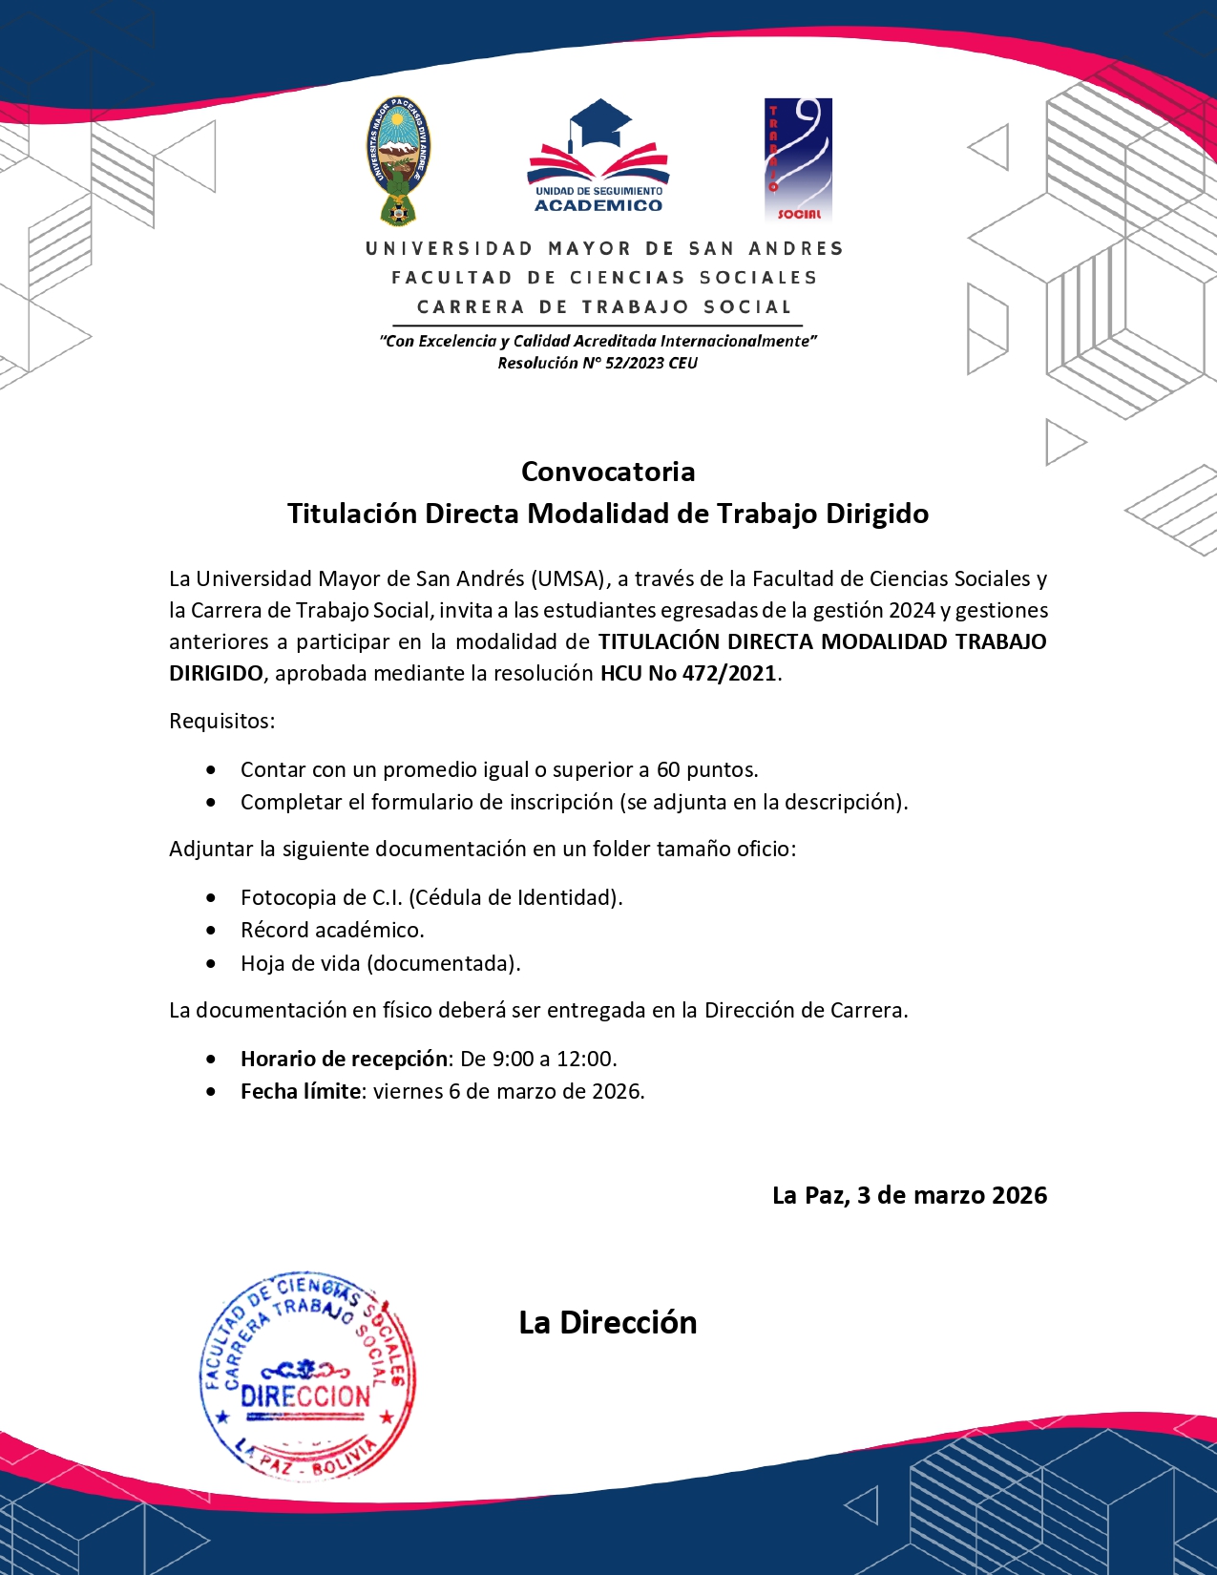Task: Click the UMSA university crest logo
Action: (x=399, y=160)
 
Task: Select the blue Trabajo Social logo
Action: (x=798, y=159)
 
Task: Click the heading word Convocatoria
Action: (x=608, y=472)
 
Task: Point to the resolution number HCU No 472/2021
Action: (x=688, y=673)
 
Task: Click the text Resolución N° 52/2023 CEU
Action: (x=598, y=363)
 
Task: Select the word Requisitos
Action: (x=221, y=721)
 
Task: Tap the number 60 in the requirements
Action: (x=668, y=769)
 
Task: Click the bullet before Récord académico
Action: (x=211, y=930)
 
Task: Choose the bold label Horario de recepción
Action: (x=344, y=1059)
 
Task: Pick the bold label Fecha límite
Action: (x=301, y=1091)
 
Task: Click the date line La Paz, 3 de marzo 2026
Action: (x=909, y=1195)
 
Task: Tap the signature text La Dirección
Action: (x=608, y=1322)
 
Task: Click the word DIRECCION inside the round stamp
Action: (x=305, y=1396)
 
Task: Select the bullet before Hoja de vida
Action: (x=211, y=963)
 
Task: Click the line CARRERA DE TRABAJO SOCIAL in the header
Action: (x=604, y=307)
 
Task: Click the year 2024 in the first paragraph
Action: (x=912, y=610)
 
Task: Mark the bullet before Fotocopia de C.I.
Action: (x=211, y=897)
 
